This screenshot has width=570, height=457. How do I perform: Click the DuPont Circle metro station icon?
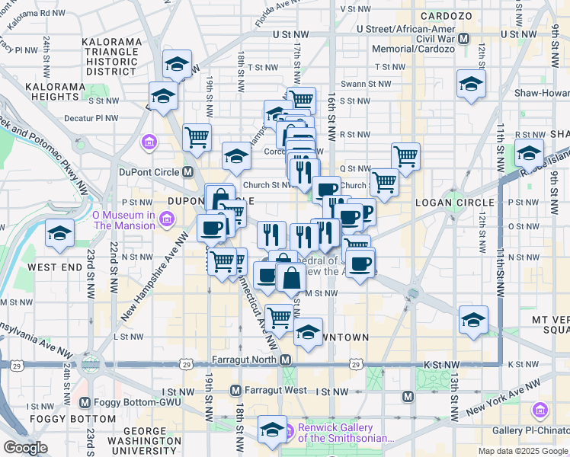point(187,172)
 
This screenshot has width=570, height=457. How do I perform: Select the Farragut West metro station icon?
point(235,391)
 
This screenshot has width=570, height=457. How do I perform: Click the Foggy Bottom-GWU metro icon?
point(85,402)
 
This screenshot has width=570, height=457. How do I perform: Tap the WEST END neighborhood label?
point(55,267)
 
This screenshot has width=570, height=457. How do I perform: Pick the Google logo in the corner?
point(25,448)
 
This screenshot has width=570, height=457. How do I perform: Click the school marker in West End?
point(59,234)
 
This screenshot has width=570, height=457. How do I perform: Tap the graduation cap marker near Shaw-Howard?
point(471,84)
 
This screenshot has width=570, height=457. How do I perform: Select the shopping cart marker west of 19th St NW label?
point(197,138)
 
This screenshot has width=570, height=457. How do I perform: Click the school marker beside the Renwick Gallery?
point(272,430)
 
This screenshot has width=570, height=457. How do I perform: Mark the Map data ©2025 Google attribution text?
point(522,451)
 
